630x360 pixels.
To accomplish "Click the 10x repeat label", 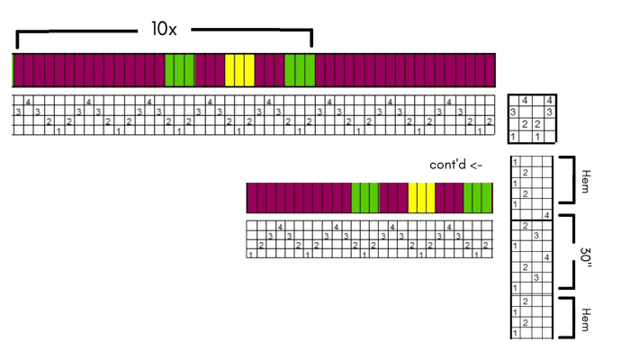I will [x=164, y=29].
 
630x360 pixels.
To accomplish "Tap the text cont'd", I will [x=449, y=165].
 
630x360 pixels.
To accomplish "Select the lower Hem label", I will [x=586, y=319].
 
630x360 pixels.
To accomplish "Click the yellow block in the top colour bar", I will [x=239, y=70].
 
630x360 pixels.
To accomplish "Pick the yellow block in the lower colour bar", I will [x=421, y=197].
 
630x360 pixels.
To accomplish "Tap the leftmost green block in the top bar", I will [x=179, y=70].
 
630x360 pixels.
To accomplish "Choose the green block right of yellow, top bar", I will [x=299, y=70].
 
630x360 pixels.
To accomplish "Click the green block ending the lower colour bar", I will [x=478, y=197].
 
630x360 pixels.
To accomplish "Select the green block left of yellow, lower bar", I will [x=364, y=197].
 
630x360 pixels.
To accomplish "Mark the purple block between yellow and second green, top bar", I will [x=269, y=70].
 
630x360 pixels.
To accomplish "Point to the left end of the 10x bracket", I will [x=17, y=40].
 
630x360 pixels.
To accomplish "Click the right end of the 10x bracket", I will [x=311, y=40].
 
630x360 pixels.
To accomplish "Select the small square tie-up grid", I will [x=532, y=118].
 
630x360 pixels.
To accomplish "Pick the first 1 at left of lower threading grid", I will [x=250, y=254].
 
